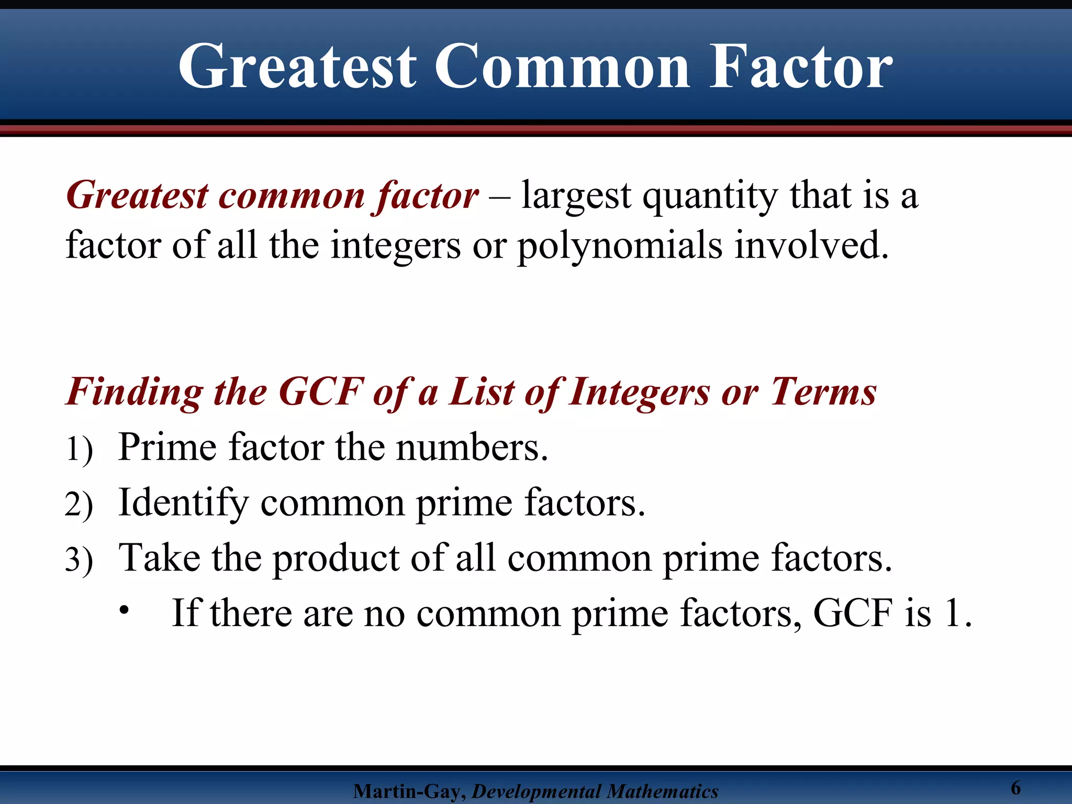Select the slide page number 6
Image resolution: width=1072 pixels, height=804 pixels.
point(1015,787)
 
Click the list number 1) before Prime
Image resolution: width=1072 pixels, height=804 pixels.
point(79,449)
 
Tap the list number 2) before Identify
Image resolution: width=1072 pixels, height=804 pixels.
point(79,505)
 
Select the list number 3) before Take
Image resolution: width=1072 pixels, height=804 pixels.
point(79,560)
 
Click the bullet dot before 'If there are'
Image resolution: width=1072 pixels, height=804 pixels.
point(124,610)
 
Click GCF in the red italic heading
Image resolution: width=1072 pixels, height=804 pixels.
point(320,392)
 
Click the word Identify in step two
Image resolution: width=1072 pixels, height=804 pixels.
point(183,502)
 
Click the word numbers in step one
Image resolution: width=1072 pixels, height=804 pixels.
point(471,448)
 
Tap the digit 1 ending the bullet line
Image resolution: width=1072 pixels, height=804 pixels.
point(952,612)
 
